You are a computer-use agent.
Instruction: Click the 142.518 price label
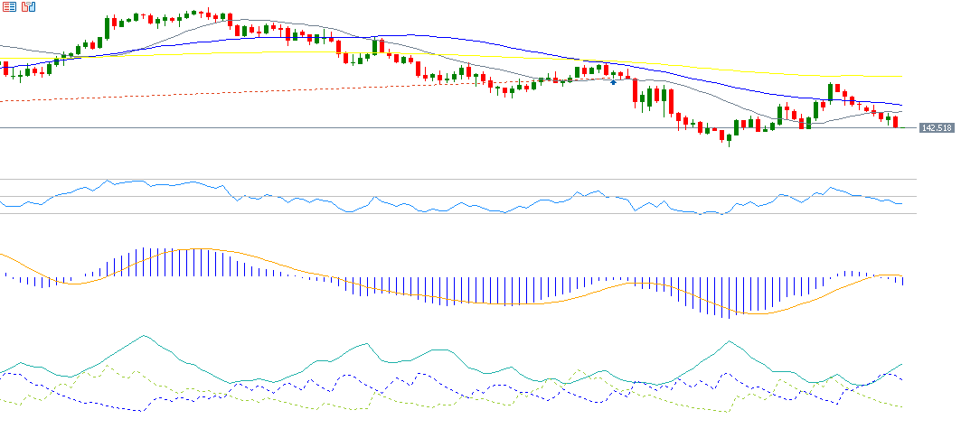point(937,128)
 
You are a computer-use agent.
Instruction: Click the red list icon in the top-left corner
point(9,6)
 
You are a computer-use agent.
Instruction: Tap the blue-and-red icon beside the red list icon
point(29,6)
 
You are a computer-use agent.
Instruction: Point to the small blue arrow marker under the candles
point(614,82)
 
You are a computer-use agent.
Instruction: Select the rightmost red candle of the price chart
point(896,122)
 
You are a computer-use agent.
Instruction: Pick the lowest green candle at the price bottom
point(729,137)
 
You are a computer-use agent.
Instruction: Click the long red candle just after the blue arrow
point(636,93)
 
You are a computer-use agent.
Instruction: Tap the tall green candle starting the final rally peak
point(830,92)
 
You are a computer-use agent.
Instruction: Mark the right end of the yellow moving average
point(901,77)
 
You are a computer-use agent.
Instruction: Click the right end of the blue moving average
point(901,105)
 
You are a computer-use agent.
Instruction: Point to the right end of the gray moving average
point(901,114)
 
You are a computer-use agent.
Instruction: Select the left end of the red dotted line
point(2,101)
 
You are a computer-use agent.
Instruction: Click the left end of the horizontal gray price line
point(2,128)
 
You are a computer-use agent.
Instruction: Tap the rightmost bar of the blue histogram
point(902,281)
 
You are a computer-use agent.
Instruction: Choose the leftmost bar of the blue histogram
point(6,276)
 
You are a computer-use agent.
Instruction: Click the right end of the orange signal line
point(902,275)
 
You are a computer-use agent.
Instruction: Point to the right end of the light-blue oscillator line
point(901,204)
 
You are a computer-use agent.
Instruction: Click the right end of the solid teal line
point(902,364)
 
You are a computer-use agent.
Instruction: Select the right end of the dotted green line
point(902,406)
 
